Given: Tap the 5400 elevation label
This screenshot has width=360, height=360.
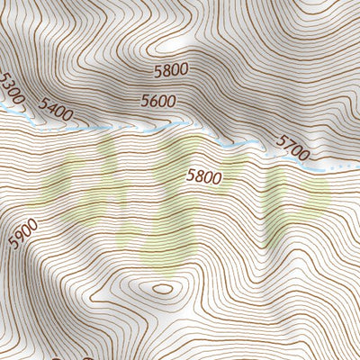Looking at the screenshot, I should tap(55, 112).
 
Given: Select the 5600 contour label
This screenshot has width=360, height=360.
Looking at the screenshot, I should tap(157, 102).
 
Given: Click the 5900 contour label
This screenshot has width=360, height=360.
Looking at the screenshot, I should tap(23, 234).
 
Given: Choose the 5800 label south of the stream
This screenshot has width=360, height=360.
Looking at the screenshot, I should tap(203, 177).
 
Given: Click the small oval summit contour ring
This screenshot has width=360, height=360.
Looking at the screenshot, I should tap(162, 289).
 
